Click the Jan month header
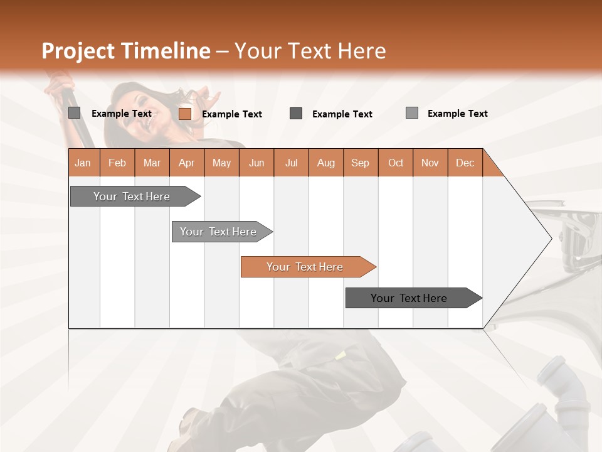pyautogui.click(x=83, y=163)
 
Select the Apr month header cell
pyautogui.click(x=187, y=163)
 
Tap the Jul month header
pyautogui.click(x=291, y=163)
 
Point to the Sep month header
pyautogui.click(x=361, y=163)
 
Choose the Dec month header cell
pyautogui.click(x=465, y=163)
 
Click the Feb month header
pyautogui.click(x=117, y=163)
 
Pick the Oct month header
pyautogui.click(x=396, y=163)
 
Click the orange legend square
pyautogui.click(x=185, y=114)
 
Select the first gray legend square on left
pyautogui.click(x=74, y=113)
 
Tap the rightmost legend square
pyautogui.click(x=412, y=113)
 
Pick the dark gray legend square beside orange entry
pyautogui.click(x=296, y=114)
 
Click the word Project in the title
pyautogui.click(x=79, y=51)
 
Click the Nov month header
pyautogui.click(x=430, y=163)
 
